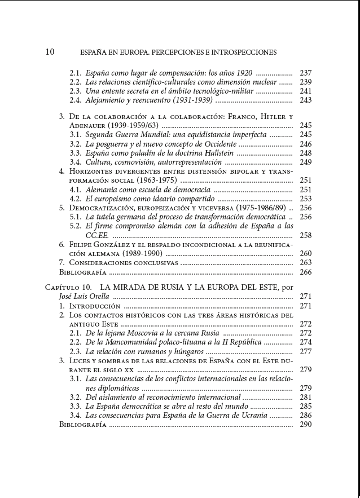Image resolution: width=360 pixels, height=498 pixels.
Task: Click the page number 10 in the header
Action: tap(50, 52)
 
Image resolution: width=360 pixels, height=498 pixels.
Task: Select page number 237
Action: tap(306, 73)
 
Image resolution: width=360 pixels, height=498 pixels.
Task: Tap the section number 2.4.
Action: tap(76, 100)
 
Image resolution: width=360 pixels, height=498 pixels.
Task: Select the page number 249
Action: tap(306, 162)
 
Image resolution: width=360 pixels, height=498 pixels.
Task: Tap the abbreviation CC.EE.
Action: tap(97, 236)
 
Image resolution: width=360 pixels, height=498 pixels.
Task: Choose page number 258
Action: tap(306, 236)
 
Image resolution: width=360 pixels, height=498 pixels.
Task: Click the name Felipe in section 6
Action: tap(84, 245)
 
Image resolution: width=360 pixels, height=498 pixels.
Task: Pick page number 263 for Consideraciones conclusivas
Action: tap(306, 263)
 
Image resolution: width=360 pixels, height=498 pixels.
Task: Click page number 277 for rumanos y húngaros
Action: tap(306, 351)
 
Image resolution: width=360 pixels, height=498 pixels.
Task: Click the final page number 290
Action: tap(306, 425)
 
